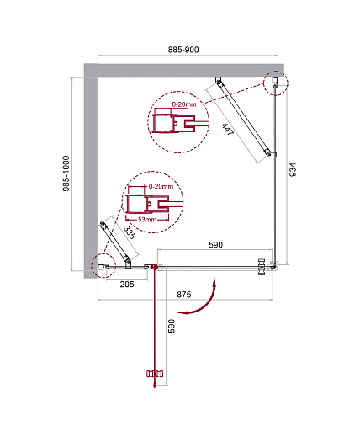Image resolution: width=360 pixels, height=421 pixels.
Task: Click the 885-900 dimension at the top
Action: [183, 50]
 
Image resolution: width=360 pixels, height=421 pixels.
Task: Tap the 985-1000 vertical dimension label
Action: [66, 173]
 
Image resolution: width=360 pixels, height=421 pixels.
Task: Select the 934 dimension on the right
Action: [293, 169]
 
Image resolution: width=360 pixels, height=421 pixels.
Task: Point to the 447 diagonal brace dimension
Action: [228, 130]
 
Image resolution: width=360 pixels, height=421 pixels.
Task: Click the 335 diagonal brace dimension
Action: [130, 232]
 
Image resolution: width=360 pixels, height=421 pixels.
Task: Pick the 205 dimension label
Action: [127, 285]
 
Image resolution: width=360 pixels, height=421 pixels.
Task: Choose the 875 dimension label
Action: [184, 295]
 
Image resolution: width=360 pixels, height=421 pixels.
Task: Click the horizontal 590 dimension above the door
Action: [215, 245]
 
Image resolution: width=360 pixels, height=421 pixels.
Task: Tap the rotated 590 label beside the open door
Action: [172, 326]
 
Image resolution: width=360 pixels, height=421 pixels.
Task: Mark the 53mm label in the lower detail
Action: [147, 220]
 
